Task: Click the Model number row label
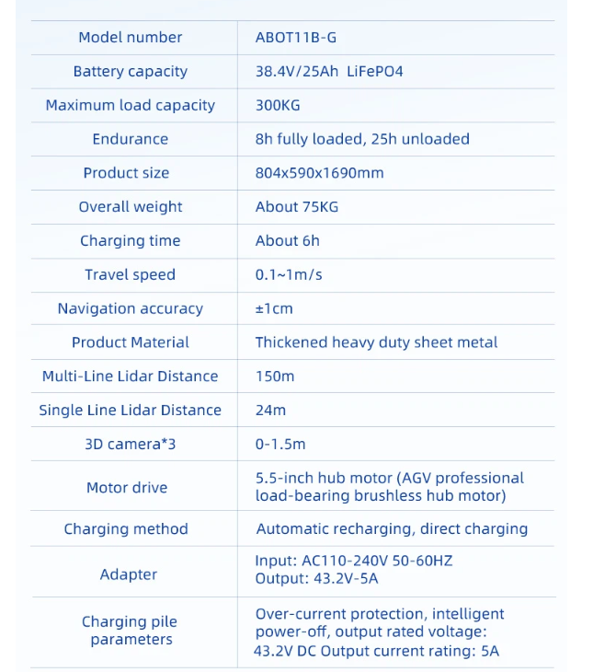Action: [x=130, y=38]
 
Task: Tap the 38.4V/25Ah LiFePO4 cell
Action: [x=329, y=72]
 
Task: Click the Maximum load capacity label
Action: [x=130, y=106]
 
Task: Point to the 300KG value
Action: [x=278, y=106]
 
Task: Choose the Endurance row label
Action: [x=130, y=140]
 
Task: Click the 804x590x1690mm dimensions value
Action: [x=319, y=173]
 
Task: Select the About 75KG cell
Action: [x=297, y=207]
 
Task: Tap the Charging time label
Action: [x=130, y=241]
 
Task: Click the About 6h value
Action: [x=288, y=241]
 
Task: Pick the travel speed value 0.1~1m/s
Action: [x=289, y=275]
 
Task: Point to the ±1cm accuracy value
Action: [x=274, y=309]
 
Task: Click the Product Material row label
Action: [x=130, y=342]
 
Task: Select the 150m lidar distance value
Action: [x=275, y=377]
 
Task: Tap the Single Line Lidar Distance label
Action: [x=130, y=411]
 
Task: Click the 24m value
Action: [x=270, y=411]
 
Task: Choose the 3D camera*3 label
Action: [x=130, y=445]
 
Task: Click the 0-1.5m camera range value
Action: [x=280, y=445]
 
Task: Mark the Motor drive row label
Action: [x=127, y=488]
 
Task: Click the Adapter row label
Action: [x=129, y=575]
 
